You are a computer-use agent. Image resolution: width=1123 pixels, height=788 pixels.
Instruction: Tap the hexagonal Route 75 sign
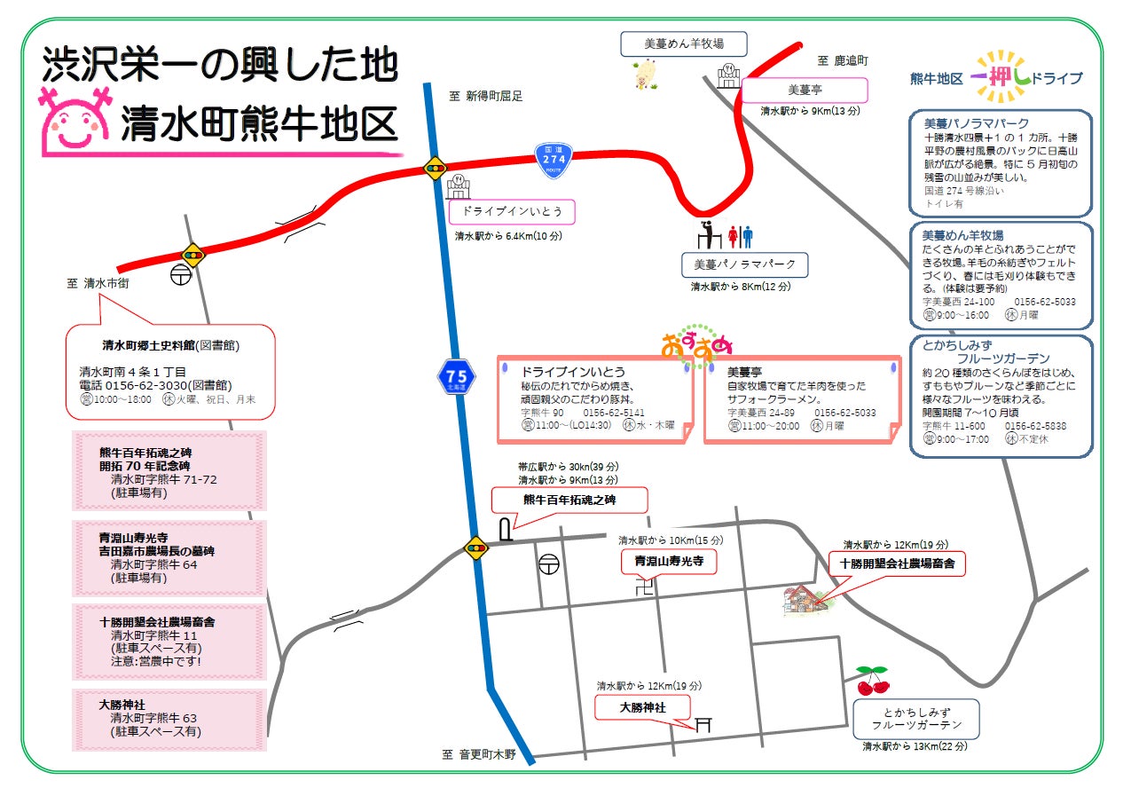(x=458, y=377)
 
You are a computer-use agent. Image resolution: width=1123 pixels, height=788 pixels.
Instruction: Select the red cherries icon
(x=872, y=681)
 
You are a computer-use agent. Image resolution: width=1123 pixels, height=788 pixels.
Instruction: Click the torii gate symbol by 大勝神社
(x=703, y=724)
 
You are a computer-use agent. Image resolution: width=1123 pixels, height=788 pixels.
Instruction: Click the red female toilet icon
(x=733, y=236)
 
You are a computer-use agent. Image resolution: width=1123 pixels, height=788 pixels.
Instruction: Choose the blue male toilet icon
(x=748, y=236)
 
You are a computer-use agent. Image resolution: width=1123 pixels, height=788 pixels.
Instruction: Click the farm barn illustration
(x=804, y=599)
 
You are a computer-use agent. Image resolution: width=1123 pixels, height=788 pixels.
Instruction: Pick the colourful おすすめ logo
(x=697, y=345)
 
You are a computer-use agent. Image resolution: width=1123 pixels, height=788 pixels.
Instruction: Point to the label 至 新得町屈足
(x=485, y=96)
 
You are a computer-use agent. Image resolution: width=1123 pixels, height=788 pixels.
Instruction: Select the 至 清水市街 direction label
(x=99, y=284)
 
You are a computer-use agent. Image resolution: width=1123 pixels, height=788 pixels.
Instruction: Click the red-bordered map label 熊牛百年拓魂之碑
(x=569, y=500)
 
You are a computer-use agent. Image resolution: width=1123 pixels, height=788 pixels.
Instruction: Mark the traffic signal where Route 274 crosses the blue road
(x=435, y=169)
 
